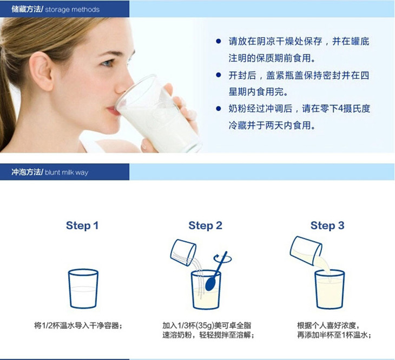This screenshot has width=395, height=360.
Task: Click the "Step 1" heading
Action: click(x=82, y=225)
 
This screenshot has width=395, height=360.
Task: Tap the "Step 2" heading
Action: click(x=205, y=225)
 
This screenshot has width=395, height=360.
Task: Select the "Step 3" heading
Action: click(x=327, y=225)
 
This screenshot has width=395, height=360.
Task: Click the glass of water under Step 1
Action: click(x=83, y=289)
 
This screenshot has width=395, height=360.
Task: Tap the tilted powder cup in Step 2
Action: click(x=183, y=252)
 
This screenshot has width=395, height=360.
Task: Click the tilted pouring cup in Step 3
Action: click(x=306, y=251)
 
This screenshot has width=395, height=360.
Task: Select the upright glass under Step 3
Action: click(x=330, y=289)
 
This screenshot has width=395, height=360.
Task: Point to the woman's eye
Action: click(x=108, y=63)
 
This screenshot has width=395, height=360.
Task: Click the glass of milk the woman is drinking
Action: click(x=157, y=115)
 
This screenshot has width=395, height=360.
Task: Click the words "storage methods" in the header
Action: click(x=73, y=10)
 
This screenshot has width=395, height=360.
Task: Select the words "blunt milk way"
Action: click(x=67, y=172)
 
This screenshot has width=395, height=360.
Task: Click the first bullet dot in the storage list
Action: click(x=219, y=41)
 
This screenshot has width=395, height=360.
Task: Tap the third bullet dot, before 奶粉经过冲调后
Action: click(x=219, y=109)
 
